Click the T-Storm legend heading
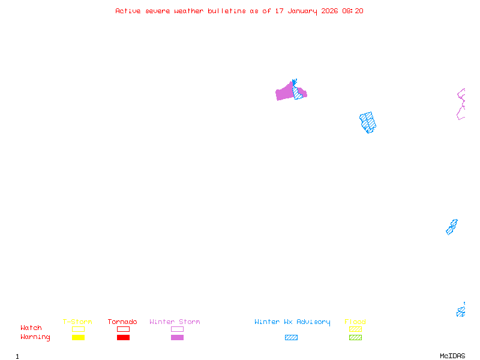(77, 322)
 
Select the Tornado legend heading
(122, 322)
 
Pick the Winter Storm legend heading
(175, 322)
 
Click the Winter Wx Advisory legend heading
(292, 322)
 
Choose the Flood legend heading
(355, 322)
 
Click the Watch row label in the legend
(31, 328)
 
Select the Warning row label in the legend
(35, 337)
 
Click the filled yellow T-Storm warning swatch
(78, 337)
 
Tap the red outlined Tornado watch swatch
(123, 329)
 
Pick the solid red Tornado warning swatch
(123, 337)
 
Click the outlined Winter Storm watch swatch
(177, 329)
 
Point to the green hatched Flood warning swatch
(355, 337)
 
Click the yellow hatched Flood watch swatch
(355, 329)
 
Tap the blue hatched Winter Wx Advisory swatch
(291, 337)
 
